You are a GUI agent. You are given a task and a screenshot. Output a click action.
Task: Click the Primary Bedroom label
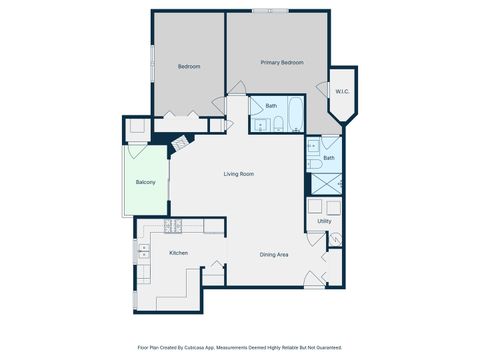tap(281, 63)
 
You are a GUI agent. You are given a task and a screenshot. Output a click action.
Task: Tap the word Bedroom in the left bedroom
tap(189, 67)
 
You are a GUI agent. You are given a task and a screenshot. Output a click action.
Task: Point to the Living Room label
tap(238, 174)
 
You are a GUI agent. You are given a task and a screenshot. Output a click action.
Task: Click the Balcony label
tap(145, 182)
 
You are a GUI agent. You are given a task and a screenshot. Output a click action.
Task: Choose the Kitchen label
tap(178, 253)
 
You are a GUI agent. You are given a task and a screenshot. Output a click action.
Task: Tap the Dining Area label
tap(274, 255)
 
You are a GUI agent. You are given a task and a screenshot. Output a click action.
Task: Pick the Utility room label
tap(324, 221)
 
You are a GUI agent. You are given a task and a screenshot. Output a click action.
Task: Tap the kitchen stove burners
tap(170, 225)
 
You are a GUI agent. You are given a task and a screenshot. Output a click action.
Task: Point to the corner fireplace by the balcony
tap(180, 146)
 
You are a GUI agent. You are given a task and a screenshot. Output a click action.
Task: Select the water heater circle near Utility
tap(338, 238)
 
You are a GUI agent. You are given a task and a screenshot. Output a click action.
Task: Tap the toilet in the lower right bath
tap(314, 163)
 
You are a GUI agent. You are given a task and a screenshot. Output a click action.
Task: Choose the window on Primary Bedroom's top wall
tap(264, 11)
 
